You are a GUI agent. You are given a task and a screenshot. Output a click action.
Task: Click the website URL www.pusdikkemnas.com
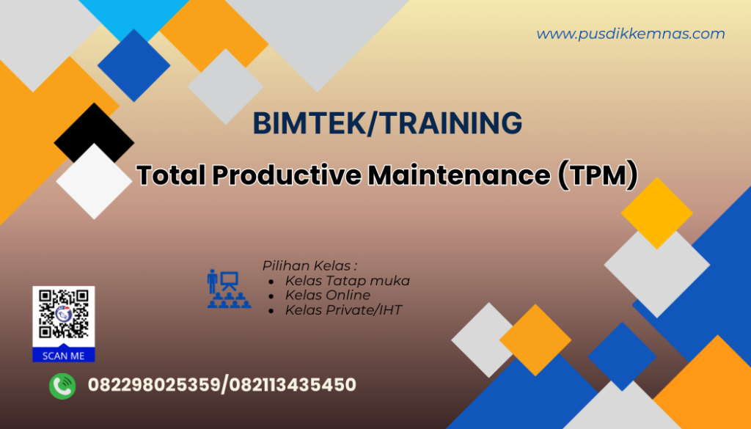click(630, 34)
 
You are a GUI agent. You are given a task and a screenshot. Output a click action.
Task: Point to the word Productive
click(286, 176)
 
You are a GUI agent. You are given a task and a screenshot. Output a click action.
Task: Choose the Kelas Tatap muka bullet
click(347, 280)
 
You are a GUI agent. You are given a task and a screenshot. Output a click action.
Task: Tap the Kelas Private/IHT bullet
click(343, 310)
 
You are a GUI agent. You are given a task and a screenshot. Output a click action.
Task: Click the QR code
click(64, 315)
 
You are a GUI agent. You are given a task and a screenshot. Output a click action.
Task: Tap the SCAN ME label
click(64, 356)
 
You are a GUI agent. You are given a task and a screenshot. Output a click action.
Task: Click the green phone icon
click(62, 385)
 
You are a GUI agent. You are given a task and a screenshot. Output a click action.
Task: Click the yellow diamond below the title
click(656, 213)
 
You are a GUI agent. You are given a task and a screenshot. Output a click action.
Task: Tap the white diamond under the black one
click(93, 181)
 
